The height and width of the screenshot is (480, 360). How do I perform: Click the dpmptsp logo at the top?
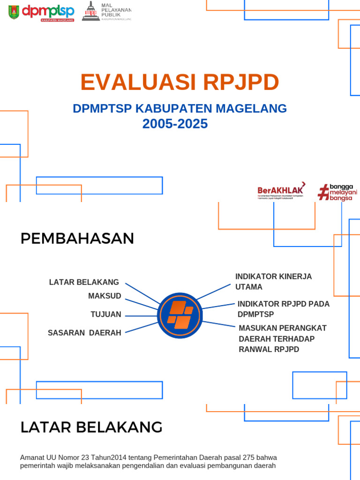tap(48, 12)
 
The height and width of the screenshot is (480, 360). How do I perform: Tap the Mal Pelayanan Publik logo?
tap(107, 11)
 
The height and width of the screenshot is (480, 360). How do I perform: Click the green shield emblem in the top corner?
tap(14, 12)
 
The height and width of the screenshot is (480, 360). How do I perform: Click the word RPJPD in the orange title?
tap(241, 82)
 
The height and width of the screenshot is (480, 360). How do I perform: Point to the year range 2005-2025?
tap(175, 124)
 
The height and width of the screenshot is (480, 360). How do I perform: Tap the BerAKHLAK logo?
tap(281, 191)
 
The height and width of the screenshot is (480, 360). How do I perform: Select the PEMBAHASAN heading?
tap(77, 239)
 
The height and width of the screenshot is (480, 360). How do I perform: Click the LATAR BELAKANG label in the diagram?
tap(84, 282)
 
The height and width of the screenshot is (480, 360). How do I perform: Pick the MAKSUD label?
tap(105, 296)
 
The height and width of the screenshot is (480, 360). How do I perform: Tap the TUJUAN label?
tap(106, 315)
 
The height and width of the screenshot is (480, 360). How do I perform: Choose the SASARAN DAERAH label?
tap(84, 333)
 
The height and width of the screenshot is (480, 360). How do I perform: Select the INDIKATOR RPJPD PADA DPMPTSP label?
tap(283, 309)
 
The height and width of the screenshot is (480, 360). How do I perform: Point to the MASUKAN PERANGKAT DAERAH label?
tap(283, 338)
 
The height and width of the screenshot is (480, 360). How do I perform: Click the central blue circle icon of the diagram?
tap(180, 315)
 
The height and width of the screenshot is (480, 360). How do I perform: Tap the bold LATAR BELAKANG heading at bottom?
tap(91, 427)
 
